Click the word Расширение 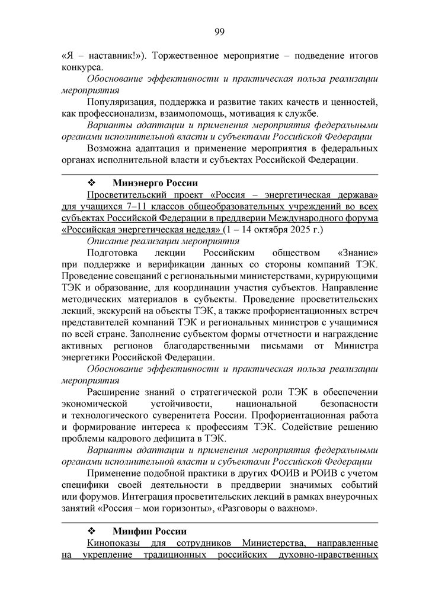tap(113, 392)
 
